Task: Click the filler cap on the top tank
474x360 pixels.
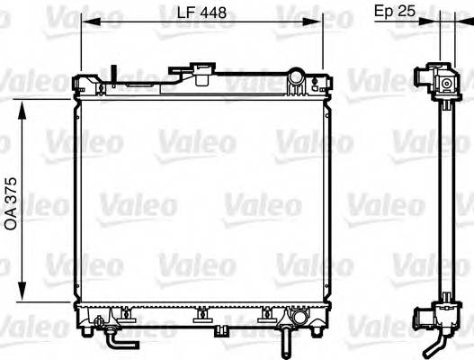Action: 199,71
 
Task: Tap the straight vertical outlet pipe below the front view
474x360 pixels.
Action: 283,341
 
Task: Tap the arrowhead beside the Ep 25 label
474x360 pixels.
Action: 434,22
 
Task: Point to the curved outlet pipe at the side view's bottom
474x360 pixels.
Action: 438,341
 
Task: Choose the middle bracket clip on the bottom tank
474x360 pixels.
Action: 201,315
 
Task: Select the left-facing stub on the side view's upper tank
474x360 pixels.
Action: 419,75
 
